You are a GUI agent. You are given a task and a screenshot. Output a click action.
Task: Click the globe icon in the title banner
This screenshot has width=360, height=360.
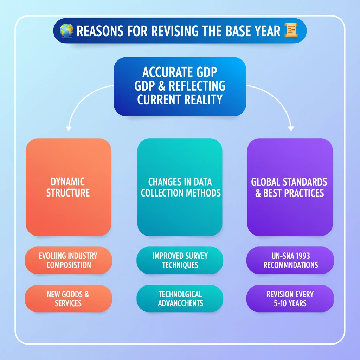tap(66, 31)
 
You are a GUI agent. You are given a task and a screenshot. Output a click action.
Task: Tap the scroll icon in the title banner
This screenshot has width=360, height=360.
tap(290, 31)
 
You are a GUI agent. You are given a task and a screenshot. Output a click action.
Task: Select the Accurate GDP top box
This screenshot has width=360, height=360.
tap(180, 86)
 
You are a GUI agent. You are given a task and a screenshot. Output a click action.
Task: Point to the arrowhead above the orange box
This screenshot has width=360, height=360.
tap(69, 128)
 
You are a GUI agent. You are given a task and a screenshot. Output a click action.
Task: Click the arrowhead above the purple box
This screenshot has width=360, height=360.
tap(291, 128)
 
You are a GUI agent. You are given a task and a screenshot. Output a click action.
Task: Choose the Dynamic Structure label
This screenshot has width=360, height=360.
tap(68, 187)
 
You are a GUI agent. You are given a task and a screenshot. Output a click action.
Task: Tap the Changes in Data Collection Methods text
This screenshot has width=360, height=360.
tap(180, 187)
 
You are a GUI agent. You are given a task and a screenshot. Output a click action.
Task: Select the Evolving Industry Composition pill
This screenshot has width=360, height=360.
tap(69, 260)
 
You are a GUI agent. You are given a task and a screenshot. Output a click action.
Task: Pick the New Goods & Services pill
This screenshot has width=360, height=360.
tap(69, 298)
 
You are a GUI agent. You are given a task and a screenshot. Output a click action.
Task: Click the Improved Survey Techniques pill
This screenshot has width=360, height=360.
tap(180, 260)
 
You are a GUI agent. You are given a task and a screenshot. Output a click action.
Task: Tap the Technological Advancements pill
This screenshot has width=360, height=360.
tap(180, 298)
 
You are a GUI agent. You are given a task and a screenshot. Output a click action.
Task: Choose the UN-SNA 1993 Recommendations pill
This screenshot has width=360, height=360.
tap(290, 260)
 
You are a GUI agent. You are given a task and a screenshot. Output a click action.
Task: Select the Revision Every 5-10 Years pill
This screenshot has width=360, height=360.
tap(290, 298)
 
